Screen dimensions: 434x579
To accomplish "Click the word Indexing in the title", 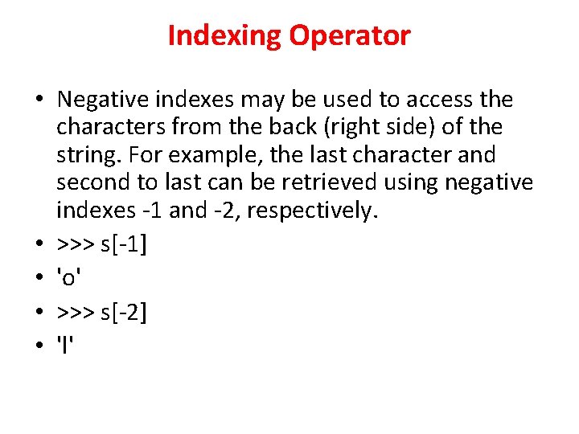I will point(224,36).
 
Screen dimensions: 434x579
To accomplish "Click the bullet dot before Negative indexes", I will point(39,100).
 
